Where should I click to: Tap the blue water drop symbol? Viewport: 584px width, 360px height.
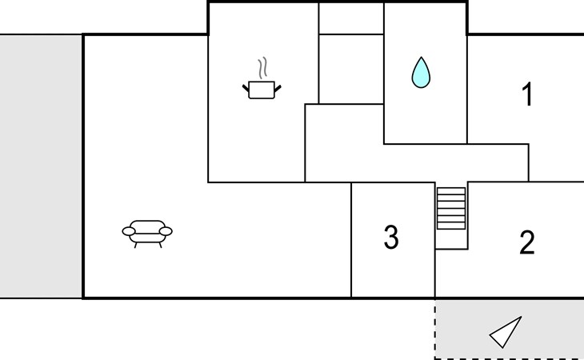click(421, 73)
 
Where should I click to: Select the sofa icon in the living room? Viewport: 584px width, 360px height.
click(147, 234)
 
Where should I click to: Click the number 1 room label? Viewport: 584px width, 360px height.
click(527, 94)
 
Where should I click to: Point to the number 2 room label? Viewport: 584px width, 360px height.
click(527, 242)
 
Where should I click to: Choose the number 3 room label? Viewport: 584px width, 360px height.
click(391, 237)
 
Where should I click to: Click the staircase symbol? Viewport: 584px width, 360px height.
click(451, 209)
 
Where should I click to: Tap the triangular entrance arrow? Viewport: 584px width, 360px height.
click(506, 332)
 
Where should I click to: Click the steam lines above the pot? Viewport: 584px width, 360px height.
click(263, 68)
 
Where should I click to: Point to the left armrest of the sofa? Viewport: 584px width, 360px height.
click(129, 231)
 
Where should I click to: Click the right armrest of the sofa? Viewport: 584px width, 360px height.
click(166, 231)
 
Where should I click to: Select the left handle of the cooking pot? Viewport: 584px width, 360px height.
click(246, 88)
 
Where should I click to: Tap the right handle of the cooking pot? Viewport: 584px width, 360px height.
click(278, 88)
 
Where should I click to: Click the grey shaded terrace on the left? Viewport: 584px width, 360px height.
click(41, 166)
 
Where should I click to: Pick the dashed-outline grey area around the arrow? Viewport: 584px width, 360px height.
click(510, 329)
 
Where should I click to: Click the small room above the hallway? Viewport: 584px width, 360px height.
click(351, 70)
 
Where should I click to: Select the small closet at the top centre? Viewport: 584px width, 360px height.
click(351, 18)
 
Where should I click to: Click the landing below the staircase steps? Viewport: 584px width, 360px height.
click(451, 239)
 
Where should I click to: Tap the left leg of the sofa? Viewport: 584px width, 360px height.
click(135, 245)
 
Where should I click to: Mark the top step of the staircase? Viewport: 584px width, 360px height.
click(451, 191)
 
